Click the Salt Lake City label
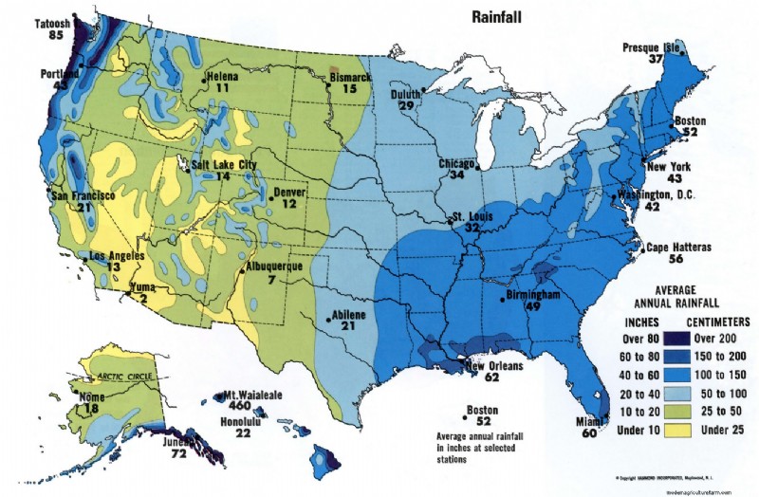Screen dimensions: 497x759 [x=225, y=164]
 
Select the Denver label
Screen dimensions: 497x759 [x=290, y=193]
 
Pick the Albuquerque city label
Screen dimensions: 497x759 [x=274, y=267]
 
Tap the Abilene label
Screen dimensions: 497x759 [x=347, y=314]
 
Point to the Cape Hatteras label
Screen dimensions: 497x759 [x=678, y=247]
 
